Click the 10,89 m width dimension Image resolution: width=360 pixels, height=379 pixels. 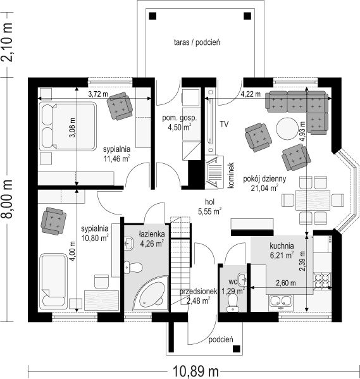[196, 371]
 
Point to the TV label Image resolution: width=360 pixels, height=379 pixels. [224, 124]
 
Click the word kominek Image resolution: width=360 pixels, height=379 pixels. [231, 175]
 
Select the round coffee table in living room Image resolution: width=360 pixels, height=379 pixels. [287, 128]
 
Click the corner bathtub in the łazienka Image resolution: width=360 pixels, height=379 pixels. [151, 293]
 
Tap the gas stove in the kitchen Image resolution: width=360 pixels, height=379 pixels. [322, 281]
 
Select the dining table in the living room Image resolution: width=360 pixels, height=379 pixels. [313, 201]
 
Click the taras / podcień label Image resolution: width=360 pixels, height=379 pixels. [197, 42]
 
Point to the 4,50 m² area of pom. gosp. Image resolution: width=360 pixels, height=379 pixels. [180, 127]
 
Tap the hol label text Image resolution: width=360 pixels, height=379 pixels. [210, 202]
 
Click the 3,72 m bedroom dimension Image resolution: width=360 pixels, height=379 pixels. [98, 94]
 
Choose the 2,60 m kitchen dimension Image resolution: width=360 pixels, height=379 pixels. [286, 283]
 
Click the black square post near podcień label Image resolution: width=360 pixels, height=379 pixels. [236, 349]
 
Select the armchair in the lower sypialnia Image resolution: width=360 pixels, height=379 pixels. [53, 221]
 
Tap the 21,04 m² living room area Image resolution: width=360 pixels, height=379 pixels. [264, 188]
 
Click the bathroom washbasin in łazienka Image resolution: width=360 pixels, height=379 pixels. [128, 243]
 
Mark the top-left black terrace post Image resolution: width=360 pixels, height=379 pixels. [153, 16]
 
